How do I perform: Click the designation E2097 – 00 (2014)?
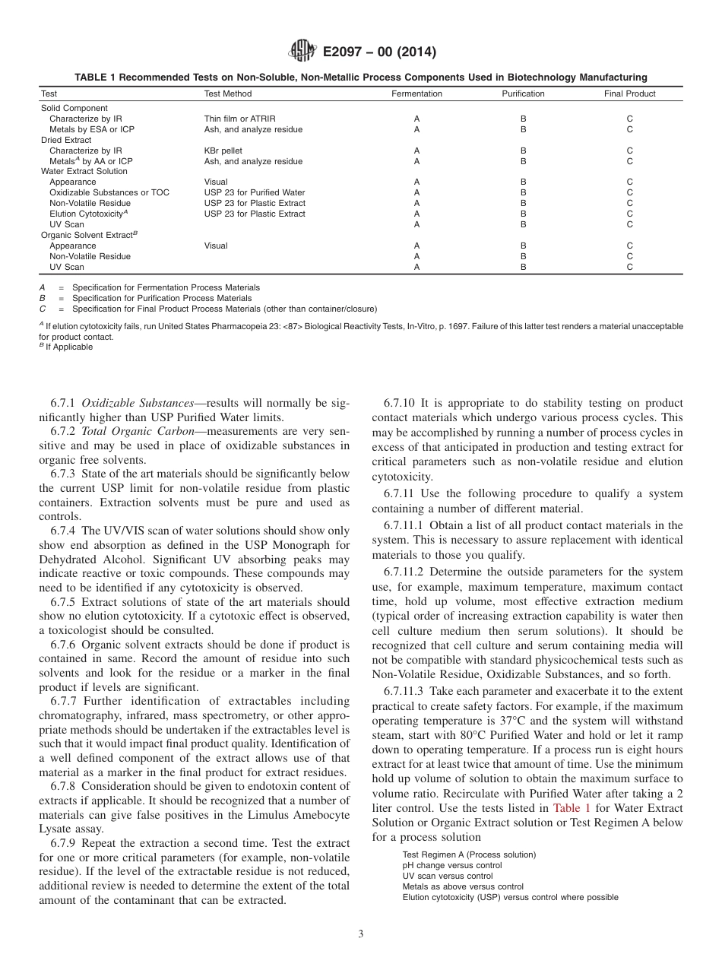pos(379,52)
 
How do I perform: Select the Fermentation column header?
pos(416,94)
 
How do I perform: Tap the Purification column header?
pos(523,94)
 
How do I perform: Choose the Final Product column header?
pos(629,94)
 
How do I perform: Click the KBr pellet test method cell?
pos(223,151)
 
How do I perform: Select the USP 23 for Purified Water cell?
pos(254,192)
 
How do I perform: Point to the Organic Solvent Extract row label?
pos(88,235)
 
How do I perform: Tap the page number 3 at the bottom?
pos(361,934)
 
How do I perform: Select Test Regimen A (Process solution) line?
pos(468,854)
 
